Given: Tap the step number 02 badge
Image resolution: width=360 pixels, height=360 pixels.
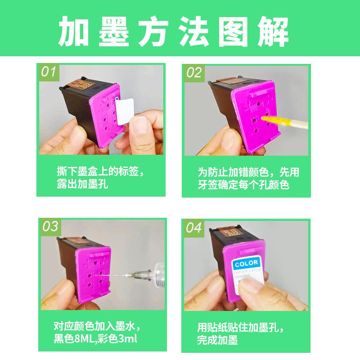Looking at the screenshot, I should pos(193,72).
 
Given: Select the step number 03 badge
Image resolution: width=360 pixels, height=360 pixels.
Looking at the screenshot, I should pos(50,226).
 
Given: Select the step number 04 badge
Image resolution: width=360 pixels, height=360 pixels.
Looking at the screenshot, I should pos(193,228).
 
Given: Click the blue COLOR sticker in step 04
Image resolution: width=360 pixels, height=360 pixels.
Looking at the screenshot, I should pos(246,263).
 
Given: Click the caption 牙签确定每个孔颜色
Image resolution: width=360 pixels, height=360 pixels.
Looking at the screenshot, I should pos(243,185).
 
